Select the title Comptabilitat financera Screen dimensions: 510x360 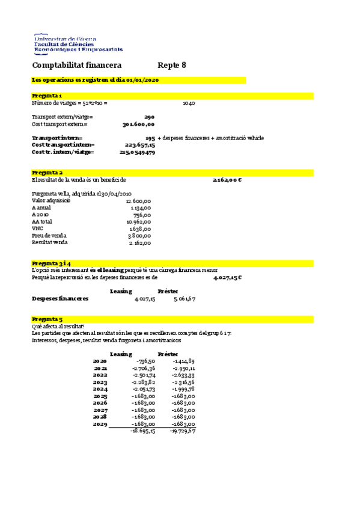(x=76, y=65)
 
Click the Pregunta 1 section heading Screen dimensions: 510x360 (x=46, y=96)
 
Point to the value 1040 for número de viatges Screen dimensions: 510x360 (x=189, y=103)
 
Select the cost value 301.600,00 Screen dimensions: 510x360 (x=138, y=124)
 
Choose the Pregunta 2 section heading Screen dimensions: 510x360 (x=46, y=173)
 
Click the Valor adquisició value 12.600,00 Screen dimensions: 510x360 (x=139, y=201)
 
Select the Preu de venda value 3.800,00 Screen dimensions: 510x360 (x=140, y=236)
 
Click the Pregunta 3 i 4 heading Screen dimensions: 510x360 (x=51, y=263)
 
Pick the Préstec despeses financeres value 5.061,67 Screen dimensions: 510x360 (x=185, y=298)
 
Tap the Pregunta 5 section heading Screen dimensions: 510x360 (x=46, y=319)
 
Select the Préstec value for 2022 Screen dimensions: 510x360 (x=184, y=375)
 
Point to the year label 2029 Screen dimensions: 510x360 (x=100, y=424)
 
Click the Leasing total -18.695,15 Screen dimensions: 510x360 (x=143, y=431)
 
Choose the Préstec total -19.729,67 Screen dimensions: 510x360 (x=183, y=431)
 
